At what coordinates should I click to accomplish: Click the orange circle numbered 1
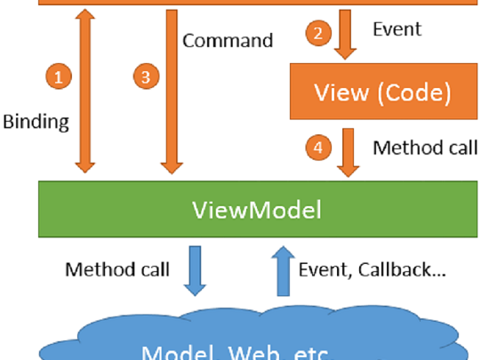pyautogui.click(x=59, y=77)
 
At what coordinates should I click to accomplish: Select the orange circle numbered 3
pyautogui.click(x=146, y=77)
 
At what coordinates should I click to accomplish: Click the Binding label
pyautogui.click(x=36, y=122)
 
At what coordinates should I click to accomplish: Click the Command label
pyautogui.click(x=227, y=40)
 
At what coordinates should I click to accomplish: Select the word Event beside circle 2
pyautogui.click(x=397, y=29)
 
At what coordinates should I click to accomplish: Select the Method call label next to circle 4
pyautogui.click(x=425, y=147)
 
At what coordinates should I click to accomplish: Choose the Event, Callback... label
pyautogui.click(x=372, y=269)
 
